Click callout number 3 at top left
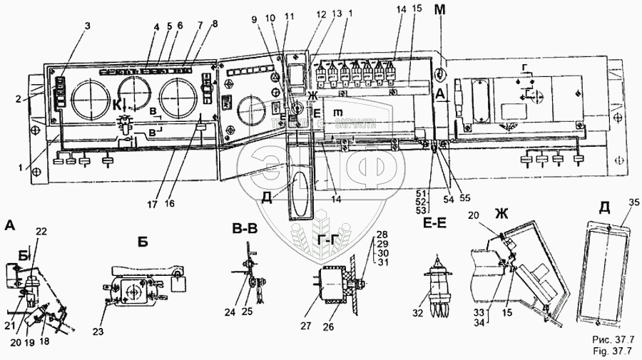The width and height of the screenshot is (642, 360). click(88, 26)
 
